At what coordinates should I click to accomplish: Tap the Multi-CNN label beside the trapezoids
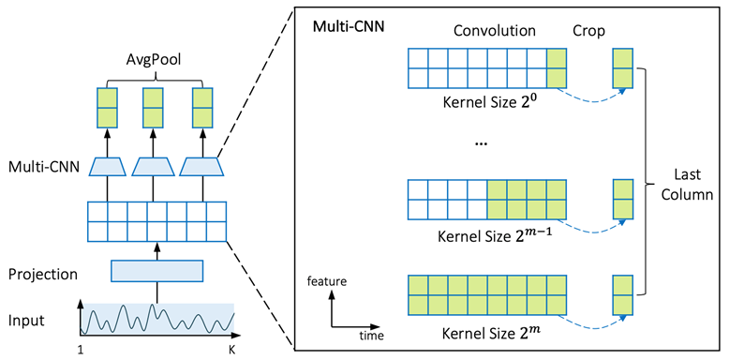click(44, 167)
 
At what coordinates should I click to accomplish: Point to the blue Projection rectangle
click(156, 271)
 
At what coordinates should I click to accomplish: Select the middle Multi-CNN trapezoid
click(156, 167)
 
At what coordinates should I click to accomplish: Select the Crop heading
click(589, 30)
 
